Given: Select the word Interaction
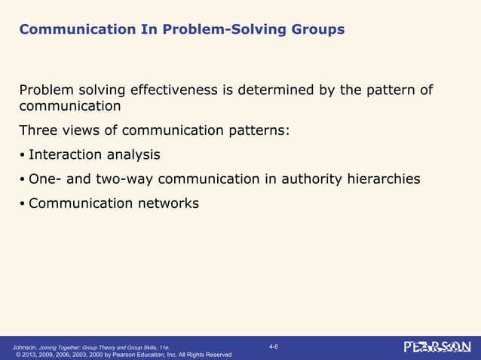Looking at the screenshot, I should (65, 154).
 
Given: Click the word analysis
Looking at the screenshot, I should (133, 154).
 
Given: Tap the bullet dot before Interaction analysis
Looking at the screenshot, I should (23, 155).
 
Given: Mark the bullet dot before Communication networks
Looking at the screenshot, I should (23, 203).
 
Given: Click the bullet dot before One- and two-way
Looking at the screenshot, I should (23, 179).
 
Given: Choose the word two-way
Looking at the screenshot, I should (124, 179).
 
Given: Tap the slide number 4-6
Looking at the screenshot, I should (273, 346).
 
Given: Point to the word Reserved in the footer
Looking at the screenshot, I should (217, 354).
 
